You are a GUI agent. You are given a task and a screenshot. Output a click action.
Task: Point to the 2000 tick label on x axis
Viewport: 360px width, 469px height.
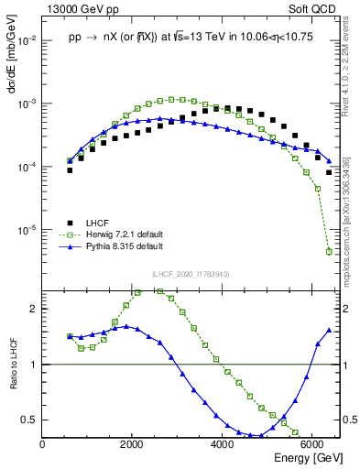[x=132, y=445]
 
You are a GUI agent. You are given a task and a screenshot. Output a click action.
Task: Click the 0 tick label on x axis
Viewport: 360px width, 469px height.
[x=43, y=445]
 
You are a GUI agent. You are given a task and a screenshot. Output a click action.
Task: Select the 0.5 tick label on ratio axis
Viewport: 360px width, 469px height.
[x=30, y=420]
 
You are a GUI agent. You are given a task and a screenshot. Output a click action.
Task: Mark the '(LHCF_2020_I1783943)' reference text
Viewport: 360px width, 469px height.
[x=191, y=274]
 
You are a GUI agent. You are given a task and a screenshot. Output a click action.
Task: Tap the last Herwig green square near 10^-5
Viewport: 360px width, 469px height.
[x=329, y=251]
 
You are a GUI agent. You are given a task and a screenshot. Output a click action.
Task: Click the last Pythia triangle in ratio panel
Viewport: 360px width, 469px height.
[x=329, y=330]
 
